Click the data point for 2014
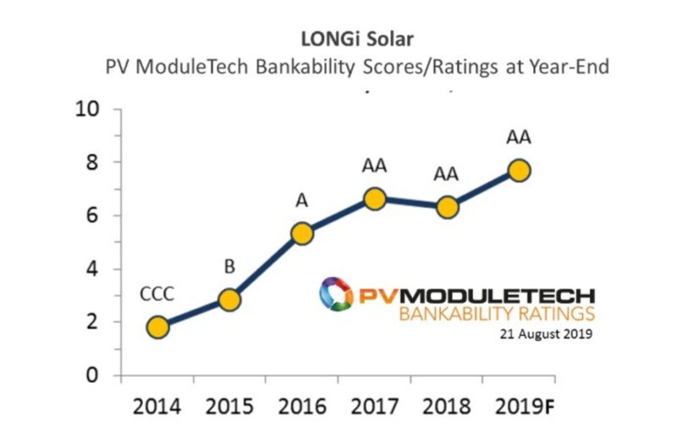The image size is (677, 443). click(157, 327)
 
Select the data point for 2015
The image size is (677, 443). click(229, 300)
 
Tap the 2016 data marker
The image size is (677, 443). click(302, 233)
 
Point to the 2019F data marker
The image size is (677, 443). click(519, 171)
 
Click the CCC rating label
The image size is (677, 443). click(157, 295)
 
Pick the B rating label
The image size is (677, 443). click(228, 268)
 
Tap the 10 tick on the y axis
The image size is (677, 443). click(88, 109)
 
